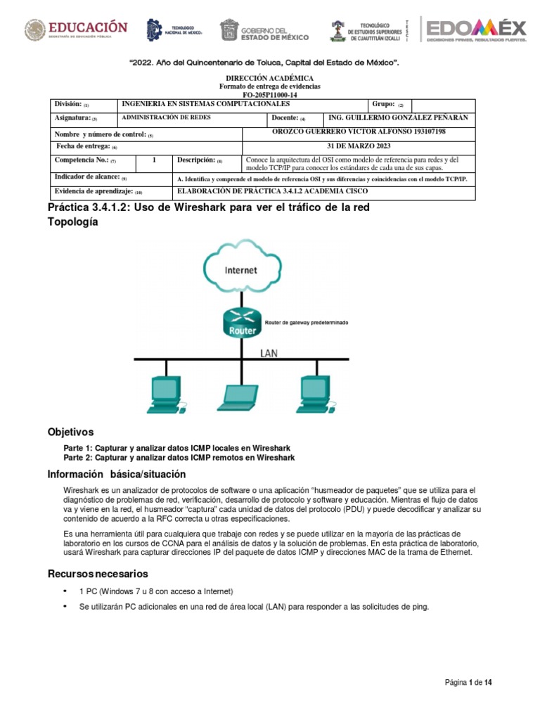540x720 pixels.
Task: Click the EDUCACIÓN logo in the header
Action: coord(77,29)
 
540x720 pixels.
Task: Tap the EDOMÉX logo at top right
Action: coord(475,29)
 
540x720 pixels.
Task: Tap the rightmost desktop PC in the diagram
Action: coord(312,393)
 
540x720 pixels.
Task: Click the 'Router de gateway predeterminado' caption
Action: coord(306,323)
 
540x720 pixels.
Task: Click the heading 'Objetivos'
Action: coord(70,431)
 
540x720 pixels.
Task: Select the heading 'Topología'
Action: coord(72,221)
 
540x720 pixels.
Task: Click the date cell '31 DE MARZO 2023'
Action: coord(358,146)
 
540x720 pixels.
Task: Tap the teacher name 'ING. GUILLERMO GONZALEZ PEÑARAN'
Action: coord(397,117)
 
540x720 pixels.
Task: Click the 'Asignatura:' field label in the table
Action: coord(72,118)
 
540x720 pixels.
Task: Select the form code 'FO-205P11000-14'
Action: coord(269,94)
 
